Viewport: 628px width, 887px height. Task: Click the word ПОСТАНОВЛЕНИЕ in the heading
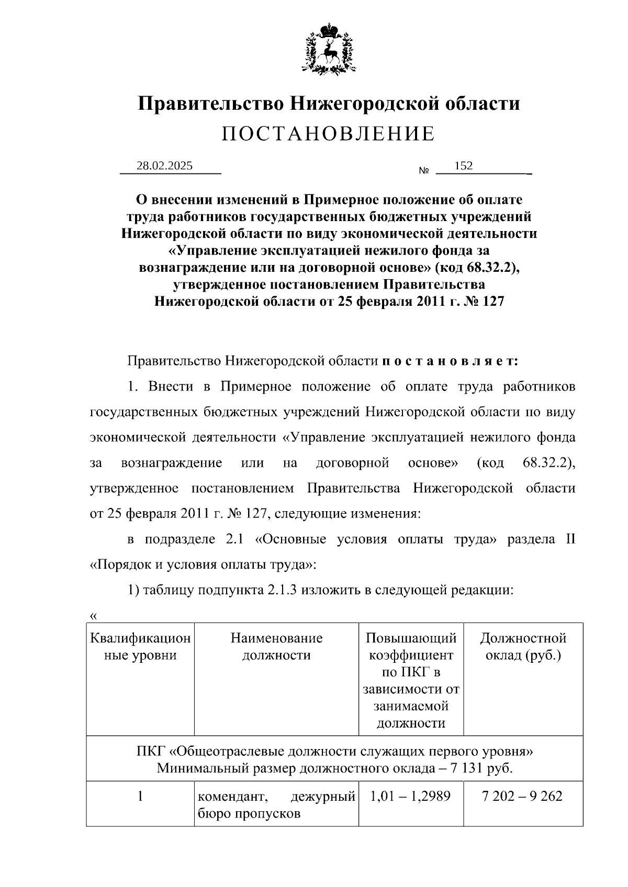[328, 134]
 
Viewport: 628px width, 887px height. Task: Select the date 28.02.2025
[164, 166]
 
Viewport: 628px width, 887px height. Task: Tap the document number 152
[464, 166]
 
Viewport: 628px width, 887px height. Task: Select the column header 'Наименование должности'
[276, 646]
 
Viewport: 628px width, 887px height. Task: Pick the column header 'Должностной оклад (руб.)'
[523, 646]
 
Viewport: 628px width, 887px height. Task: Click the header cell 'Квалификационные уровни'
[140, 646]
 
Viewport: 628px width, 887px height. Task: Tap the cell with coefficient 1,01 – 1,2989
[411, 796]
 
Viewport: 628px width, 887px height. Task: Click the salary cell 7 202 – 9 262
[523, 796]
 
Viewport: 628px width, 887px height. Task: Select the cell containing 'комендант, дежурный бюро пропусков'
[276, 804]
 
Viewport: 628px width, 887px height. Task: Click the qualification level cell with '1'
[140, 796]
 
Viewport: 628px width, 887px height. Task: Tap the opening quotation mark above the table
[94, 616]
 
